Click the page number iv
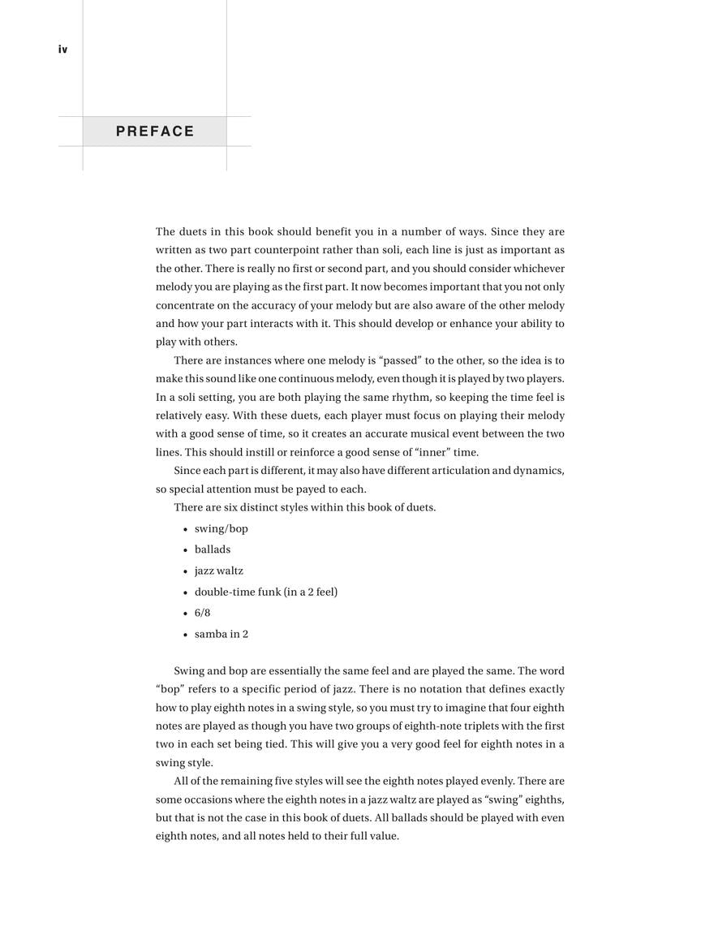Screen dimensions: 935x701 (62, 50)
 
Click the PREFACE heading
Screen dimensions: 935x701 (155, 131)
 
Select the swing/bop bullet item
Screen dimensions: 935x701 (221, 528)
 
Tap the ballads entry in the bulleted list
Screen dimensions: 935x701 (212, 549)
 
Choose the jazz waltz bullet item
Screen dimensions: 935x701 (218, 571)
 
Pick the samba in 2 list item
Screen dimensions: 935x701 (221, 634)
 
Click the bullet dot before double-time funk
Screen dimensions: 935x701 (186, 592)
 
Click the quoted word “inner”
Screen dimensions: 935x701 (437, 452)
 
